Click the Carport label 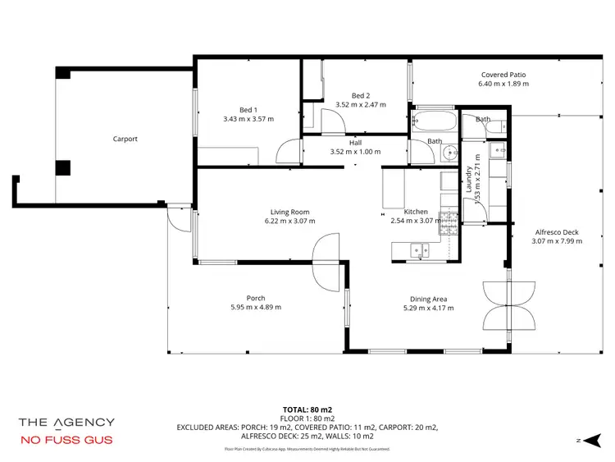click(x=125, y=139)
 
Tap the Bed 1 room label click(x=248, y=110)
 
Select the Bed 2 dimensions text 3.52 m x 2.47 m click(x=360, y=105)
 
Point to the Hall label click(x=355, y=143)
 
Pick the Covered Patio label click(x=503, y=75)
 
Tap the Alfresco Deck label click(x=556, y=232)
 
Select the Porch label click(x=256, y=298)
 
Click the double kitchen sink click(x=418, y=250)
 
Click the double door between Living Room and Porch click(x=326, y=261)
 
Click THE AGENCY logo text click(x=66, y=422)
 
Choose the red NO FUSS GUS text click(x=66, y=440)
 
